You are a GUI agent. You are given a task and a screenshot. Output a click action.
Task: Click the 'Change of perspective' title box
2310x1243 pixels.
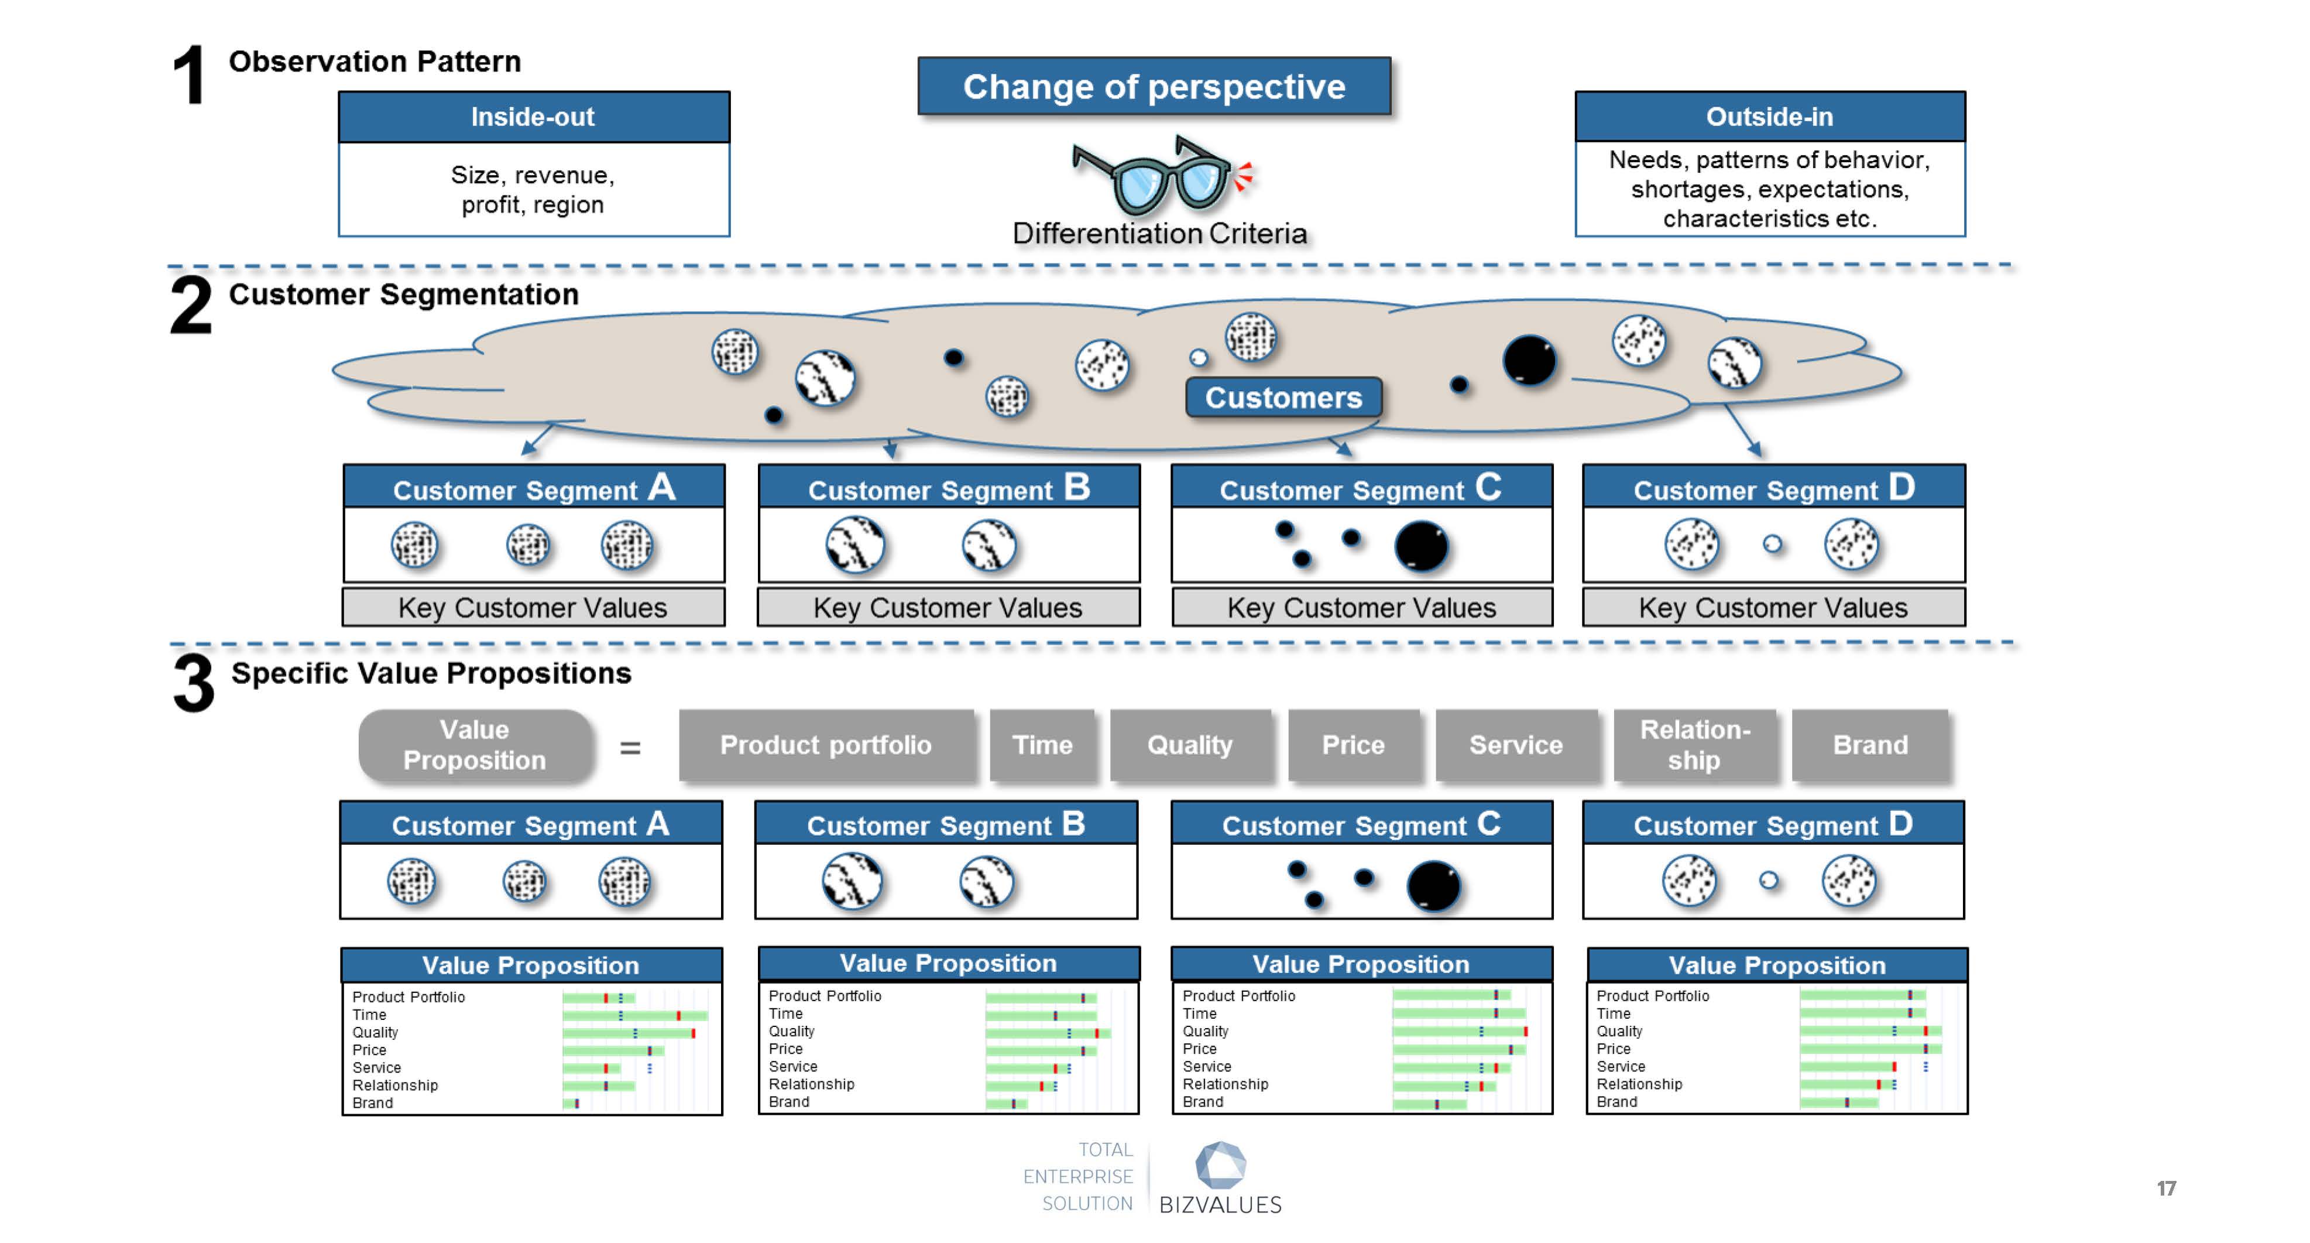coord(1154,86)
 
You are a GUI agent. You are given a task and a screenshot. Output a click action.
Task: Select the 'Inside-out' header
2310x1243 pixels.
coord(534,117)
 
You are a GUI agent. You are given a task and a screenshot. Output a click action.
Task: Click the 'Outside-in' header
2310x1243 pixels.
coord(1770,117)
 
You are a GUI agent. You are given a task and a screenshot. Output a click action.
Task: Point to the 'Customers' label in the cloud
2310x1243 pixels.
coord(1283,398)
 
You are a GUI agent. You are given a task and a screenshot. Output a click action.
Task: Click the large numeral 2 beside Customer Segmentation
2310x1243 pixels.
coord(191,305)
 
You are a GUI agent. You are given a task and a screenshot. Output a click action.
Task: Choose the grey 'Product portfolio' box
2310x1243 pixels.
coord(826,745)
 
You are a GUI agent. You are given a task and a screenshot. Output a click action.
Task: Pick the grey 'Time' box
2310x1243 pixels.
coord(1042,745)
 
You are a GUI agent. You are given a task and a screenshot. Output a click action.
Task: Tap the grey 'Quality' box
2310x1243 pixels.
coord(1190,745)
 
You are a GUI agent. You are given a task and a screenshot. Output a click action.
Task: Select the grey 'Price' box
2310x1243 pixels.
coord(1353,745)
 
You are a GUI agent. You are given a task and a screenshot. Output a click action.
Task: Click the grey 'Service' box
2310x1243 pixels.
coord(1515,745)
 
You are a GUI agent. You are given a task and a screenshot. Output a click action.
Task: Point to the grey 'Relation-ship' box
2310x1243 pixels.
coord(1694,745)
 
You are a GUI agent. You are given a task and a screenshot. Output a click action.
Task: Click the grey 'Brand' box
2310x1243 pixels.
coord(1870,745)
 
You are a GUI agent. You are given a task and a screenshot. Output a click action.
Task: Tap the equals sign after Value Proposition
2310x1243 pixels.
coord(630,747)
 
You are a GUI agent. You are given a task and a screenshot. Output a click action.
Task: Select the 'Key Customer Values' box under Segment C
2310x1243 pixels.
coord(1362,607)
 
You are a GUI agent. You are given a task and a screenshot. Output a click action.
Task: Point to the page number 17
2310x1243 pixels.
coord(2165,1189)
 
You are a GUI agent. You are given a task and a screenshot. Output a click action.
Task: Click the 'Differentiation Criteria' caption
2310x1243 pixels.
coord(1159,233)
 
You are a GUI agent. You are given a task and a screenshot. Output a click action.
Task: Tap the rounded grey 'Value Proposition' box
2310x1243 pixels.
coord(475,745)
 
